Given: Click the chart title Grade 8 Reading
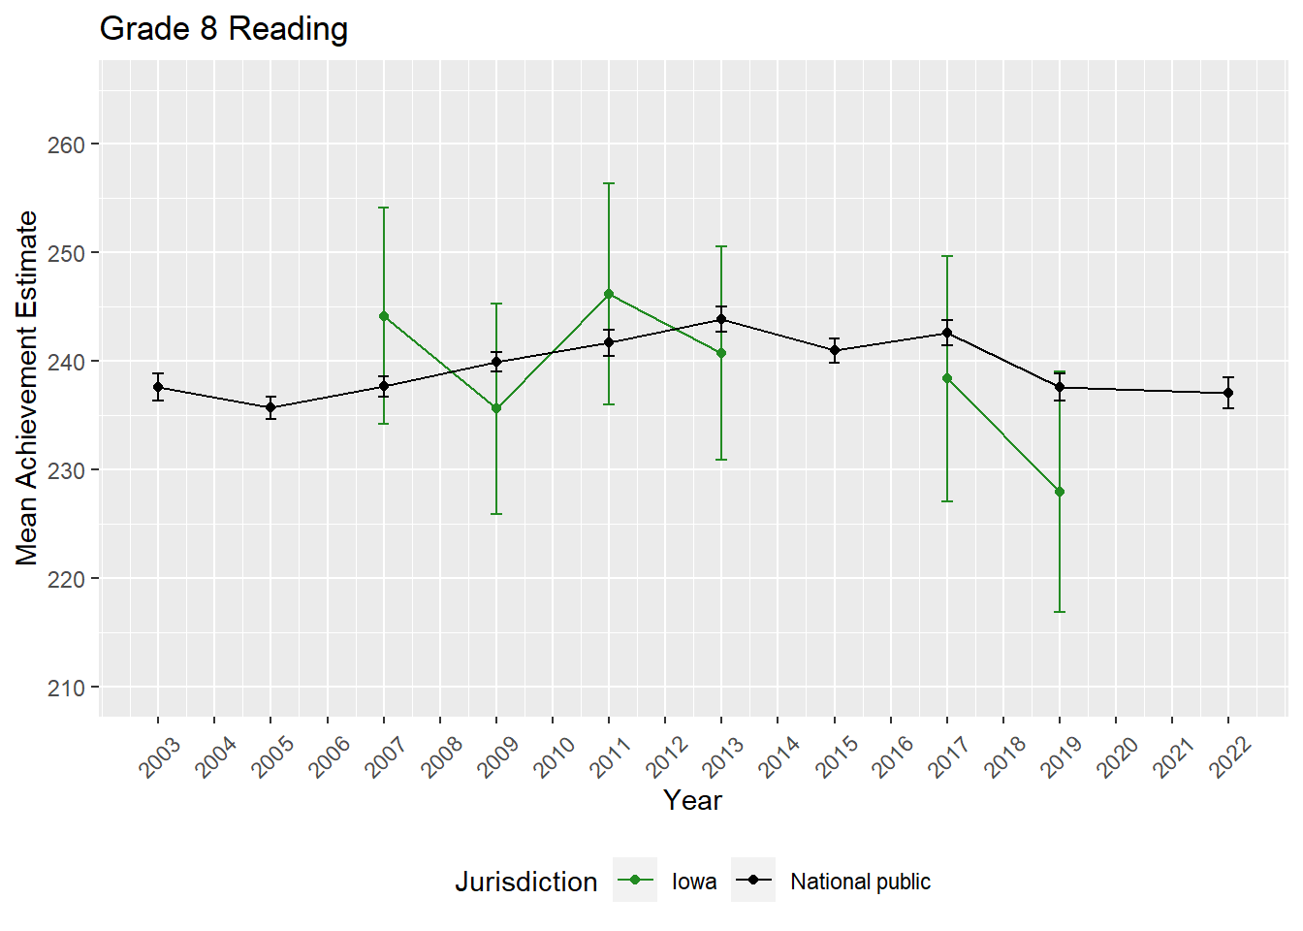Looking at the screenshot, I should tap(224, 29).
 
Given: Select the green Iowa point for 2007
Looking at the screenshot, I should tap(384, 316).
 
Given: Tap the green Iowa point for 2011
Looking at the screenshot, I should tap(609, 294).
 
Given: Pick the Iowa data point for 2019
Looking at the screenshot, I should tap(1060, 492).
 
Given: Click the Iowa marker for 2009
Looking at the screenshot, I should tap(496, 408).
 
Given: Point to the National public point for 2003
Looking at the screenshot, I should tap(158, 387).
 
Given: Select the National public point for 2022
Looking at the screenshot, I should tap(1228, 393).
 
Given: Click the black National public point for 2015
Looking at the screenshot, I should tap(835, 350).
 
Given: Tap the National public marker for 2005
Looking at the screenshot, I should tap(271, 407).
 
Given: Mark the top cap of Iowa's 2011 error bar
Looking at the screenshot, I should tap(609, 183).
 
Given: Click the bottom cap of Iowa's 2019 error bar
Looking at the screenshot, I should tap(1060, 612).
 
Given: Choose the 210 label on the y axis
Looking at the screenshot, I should tap(66, 688).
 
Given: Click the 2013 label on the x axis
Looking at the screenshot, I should tap(723, 757).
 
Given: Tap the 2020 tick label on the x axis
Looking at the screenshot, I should tap(1117, 757).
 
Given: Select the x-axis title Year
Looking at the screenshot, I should tap(692, 800).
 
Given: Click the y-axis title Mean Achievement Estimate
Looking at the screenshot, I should tap(27, 388).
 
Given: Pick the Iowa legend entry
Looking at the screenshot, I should tap(668, 882).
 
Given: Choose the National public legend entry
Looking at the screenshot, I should tap(834, 882).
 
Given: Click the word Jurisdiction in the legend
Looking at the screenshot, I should tap(525, 882).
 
